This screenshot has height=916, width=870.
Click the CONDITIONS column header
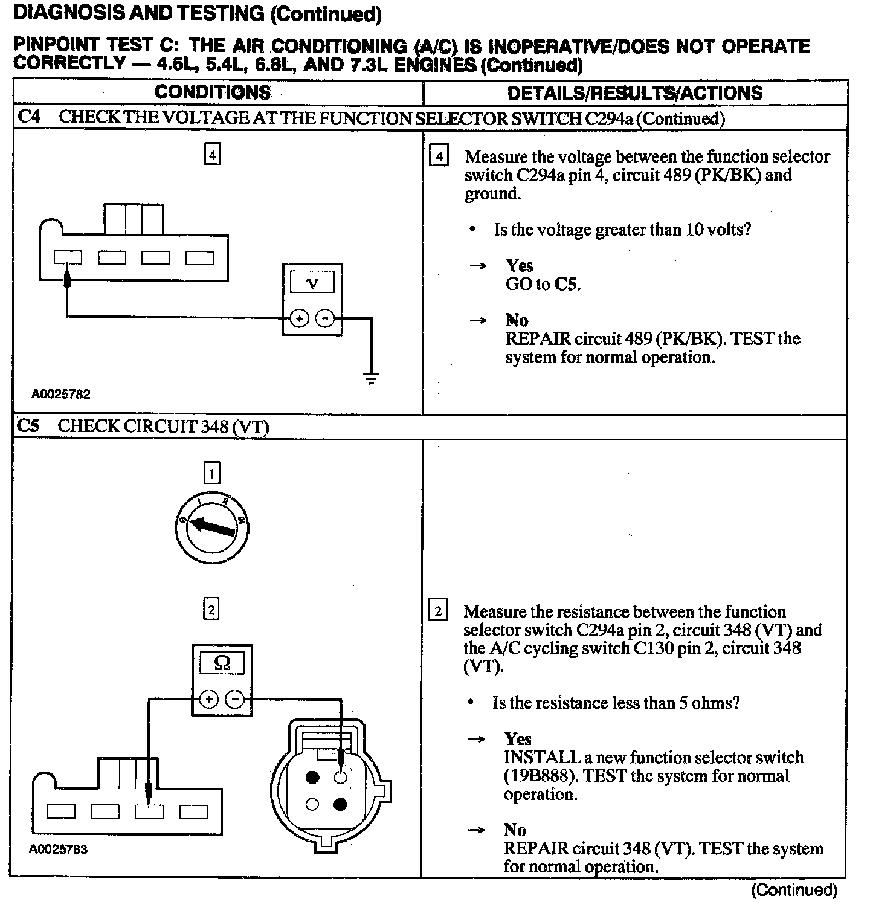[213, 92]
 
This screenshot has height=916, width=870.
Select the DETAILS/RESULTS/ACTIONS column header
[634, 93]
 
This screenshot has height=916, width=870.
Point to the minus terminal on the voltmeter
[325, 318]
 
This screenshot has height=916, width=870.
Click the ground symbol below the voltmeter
[371, 379]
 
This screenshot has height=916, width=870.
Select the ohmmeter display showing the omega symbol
[222, 664]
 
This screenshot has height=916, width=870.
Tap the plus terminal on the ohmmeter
[209, 700]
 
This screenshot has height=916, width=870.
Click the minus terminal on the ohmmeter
[235, 700]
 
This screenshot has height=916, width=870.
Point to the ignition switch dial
[211, 529]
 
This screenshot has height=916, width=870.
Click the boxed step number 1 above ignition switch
[211, 473]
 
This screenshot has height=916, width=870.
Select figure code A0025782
[61, 394]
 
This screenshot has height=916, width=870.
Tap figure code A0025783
[59, 849]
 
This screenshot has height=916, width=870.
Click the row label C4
[29, 117]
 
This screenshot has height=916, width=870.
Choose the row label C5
[28, 426]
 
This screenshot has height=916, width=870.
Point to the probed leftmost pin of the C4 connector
[68, 258]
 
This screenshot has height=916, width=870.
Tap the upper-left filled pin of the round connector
[312, 778]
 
